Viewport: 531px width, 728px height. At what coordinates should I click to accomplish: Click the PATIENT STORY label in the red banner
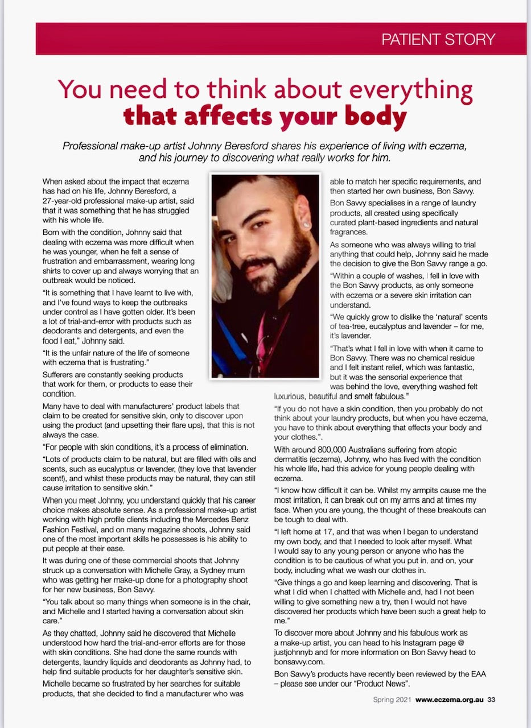point(438,40)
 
